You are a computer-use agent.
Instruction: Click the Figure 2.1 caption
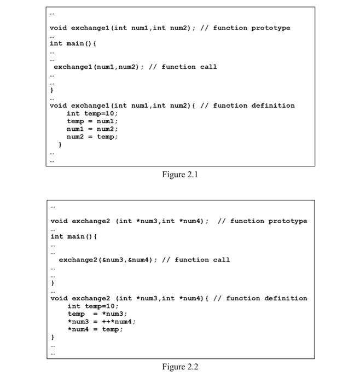[180, 175]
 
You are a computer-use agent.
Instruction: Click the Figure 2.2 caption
[180, 367]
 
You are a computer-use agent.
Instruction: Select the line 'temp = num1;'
[92, 121]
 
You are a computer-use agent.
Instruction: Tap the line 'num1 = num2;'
[92, 129]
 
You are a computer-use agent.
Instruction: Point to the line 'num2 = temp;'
[92, 137]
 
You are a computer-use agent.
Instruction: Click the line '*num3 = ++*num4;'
[102, 322]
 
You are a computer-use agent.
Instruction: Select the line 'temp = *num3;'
[97, 314]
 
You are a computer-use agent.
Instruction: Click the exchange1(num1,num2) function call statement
[98, 67]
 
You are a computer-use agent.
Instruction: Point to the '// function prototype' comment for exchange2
[263, 221]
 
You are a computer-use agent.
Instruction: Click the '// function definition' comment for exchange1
[247, 106]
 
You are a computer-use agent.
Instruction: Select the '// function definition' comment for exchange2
[260, 298]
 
